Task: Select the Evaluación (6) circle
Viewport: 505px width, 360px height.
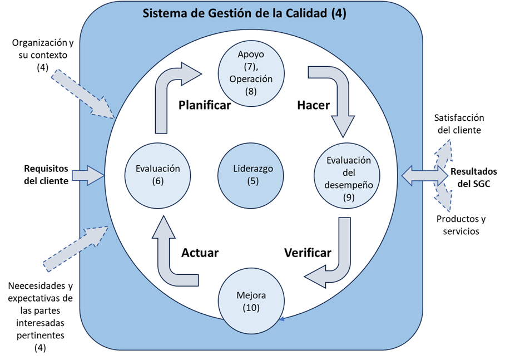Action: (158, 175)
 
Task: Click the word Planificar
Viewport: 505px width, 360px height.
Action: (204, 105)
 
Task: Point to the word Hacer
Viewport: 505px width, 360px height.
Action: (313, 105)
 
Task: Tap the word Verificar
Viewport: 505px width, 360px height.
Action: (308, 253)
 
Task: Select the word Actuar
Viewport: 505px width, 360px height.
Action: (200, 253)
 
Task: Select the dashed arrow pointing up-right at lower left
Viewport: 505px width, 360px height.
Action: (75, 248)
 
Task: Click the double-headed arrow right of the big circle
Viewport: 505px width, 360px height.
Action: (424, 176)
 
